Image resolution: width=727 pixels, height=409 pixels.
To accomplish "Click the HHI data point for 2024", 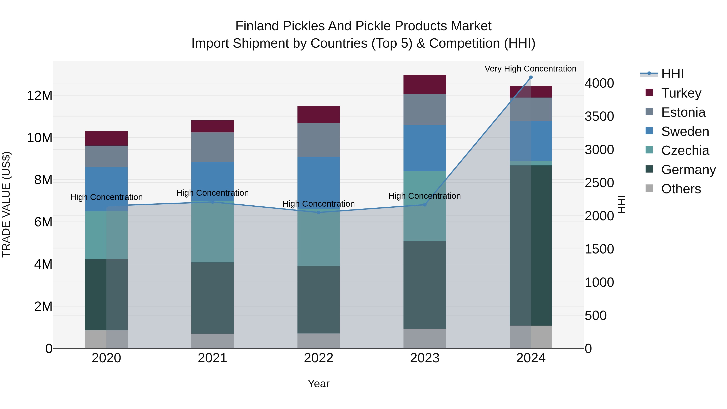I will tap(531, 77).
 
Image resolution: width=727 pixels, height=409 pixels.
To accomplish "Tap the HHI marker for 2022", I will tap(319, 212).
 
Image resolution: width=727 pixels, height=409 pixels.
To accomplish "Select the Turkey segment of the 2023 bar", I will tap(424, 84).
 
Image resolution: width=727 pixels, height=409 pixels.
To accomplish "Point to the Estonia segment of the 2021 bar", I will tap(212, 147).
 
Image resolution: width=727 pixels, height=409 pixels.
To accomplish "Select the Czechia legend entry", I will tap(685, 150).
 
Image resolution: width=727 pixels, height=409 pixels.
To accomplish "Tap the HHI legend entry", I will tap(672, 74).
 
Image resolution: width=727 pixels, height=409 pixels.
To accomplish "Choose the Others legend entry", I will tap(681, 189).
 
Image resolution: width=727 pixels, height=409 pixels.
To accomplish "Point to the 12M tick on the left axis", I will tap(40, 96).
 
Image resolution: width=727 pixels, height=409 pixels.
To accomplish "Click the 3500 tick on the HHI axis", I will tap(599, 116).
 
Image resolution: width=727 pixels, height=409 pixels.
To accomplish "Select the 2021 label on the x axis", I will tap(212, 358).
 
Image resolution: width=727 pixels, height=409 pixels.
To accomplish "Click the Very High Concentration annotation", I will tap(530, 69).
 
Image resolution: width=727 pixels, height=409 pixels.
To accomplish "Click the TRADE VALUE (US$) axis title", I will tap(6, 204).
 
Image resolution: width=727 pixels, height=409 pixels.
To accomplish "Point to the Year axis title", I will tap(319, 384).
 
